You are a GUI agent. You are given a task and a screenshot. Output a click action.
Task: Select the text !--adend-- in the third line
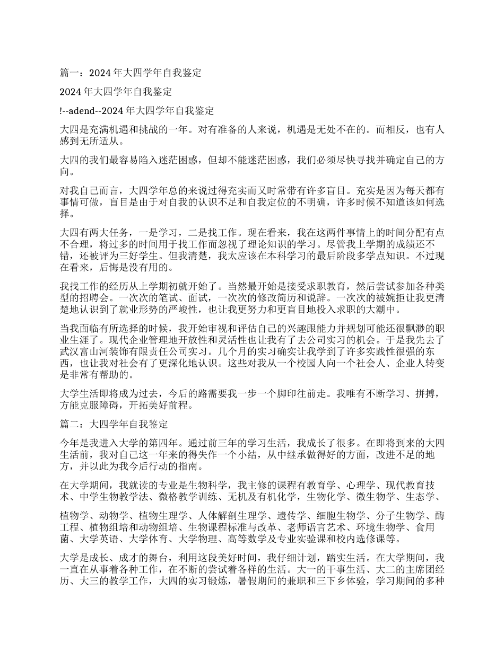(x=80, y=111)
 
